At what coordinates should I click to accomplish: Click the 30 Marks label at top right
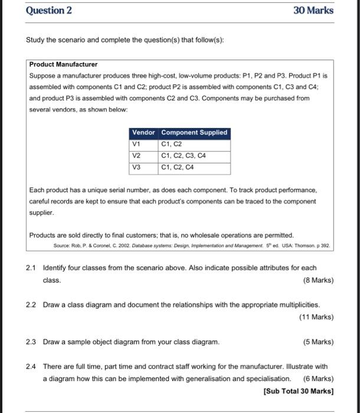[x=313, y=11]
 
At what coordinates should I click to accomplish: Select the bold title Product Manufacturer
[x=64, y=64]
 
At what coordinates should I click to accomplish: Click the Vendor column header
[x=143, y=133]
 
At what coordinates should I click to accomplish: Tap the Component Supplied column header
[x=194, y=133]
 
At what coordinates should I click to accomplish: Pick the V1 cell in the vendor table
[x=136, y=144]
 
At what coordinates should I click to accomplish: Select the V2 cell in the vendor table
[x=137, y=156]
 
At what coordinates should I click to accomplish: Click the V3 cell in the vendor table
[x=137, y=168]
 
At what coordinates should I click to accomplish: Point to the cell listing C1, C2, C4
[x=178, y=168]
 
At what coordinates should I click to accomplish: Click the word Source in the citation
[x=63, y=244]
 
